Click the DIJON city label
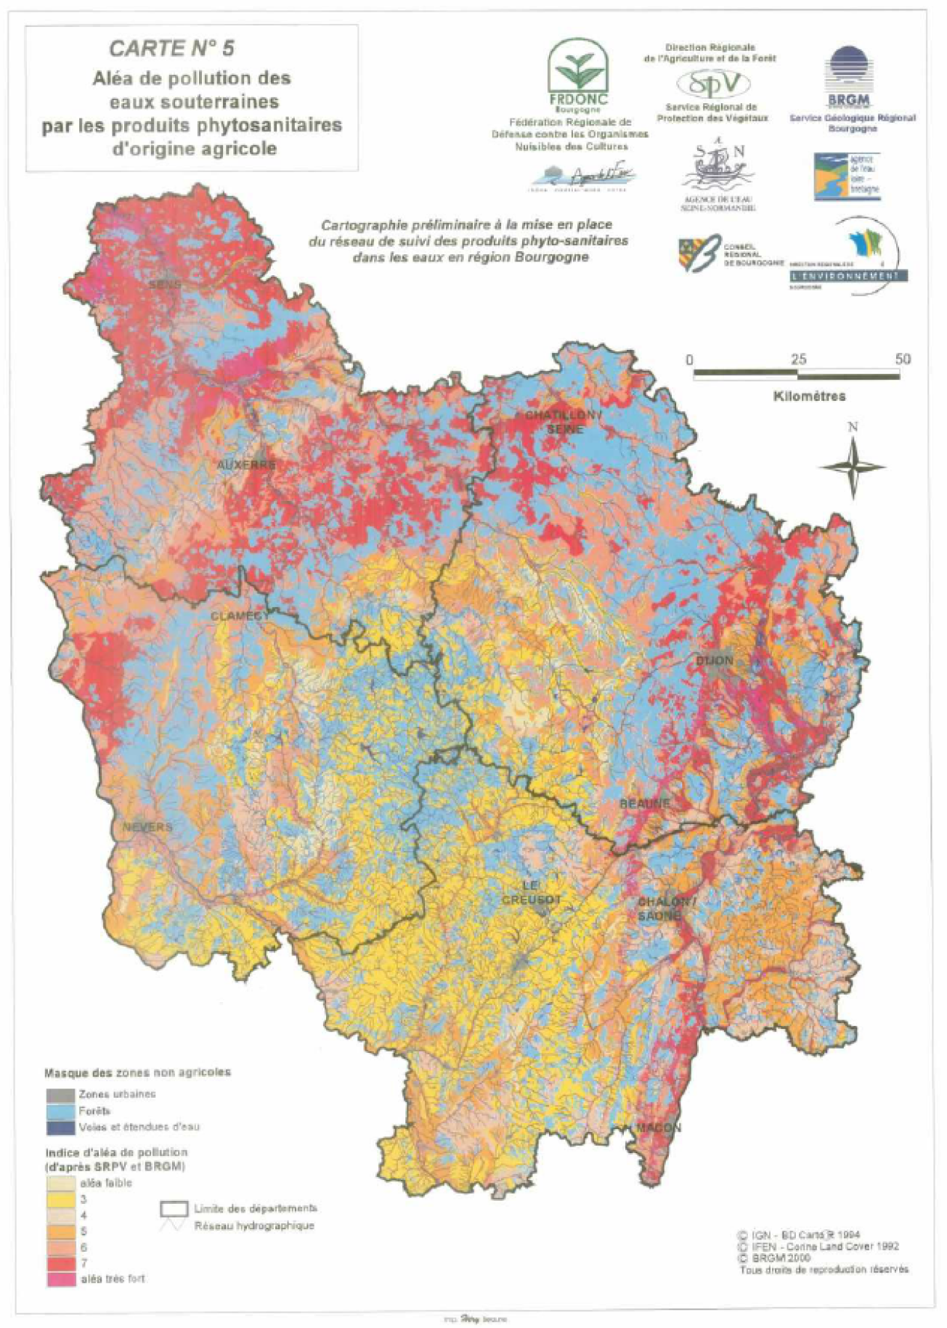click(715, 661)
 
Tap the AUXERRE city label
click(247, 465)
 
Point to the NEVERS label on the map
click(147, 827)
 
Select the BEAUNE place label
click(644, 804)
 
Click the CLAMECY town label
click(240, 616)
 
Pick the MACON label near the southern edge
click(659, 1128)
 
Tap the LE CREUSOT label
click(532, 892)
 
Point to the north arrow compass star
click(854, 467)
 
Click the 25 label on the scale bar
click(798, 359)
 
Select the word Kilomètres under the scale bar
click(810, 396)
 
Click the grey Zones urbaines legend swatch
click(60, 1095)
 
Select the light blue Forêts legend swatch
click(60, 1111)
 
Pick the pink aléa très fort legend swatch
click(60, 1279)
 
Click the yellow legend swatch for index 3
click(60, 1199)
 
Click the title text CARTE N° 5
click(172, 49)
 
